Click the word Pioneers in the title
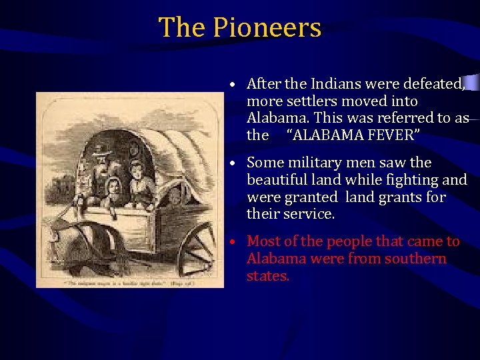pyautogui.click(x=267, y=28)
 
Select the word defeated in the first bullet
pyautogui.click(x=433, y=84)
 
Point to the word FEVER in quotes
pyautogui.click(x=393, y=136)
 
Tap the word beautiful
pyautogui.click(x=276, y=180)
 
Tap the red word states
pyautogui.click(x=268, y=276)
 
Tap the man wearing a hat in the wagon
pyautogui.click(x=102, y=167)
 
